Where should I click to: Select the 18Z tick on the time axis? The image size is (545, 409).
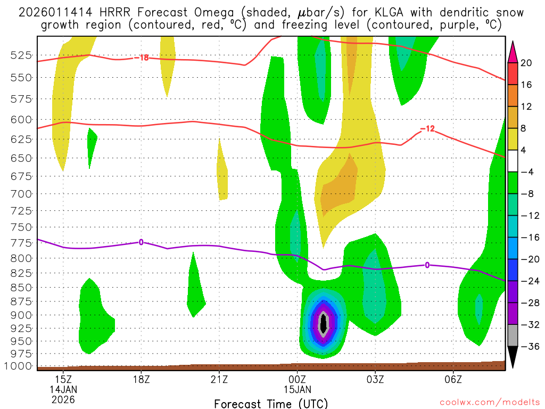(x=141, y=379)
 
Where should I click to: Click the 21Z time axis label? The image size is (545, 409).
(x=219, y=379)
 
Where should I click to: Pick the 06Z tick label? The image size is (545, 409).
(x=453, y=379)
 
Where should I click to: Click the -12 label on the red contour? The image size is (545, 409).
(x=427, y=129)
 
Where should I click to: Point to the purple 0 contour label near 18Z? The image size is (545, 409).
(x=141, y=242)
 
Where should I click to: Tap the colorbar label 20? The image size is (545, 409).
(x=526, y=63)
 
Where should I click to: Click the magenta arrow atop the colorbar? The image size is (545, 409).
(x=513, y=51)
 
